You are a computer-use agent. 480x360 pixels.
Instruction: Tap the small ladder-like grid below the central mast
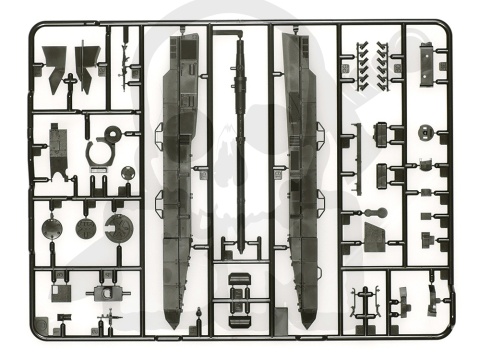coord(239,291)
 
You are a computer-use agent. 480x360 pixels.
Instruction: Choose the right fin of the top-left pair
coord(87,62)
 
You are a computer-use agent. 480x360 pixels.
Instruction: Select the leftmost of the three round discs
coord(52,228)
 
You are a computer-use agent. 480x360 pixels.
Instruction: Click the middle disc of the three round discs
coord(85,228)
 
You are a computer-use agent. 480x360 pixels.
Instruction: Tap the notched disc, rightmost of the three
coord(119,226)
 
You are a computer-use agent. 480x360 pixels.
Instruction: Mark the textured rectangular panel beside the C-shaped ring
coord(58,145)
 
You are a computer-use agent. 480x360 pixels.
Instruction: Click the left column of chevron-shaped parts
coord(362,65)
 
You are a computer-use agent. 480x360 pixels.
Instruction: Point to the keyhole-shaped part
coord(375,213)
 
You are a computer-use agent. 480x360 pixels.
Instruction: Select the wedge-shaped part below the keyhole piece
coord(375,237)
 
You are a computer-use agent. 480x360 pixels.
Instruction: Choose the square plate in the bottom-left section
coord(104,293)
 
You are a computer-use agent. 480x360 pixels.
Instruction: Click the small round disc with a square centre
coord(426,130)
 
